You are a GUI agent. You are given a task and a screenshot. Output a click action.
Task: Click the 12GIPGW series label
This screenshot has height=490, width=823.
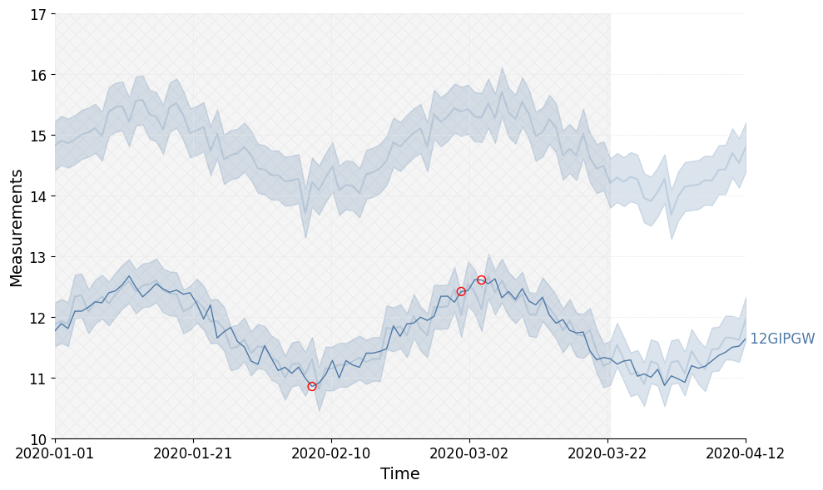coord(782,339)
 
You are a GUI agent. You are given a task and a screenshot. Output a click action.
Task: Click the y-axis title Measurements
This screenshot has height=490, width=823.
coord(17,227)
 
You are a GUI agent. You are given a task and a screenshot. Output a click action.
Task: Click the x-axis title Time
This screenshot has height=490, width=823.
coord(399,474)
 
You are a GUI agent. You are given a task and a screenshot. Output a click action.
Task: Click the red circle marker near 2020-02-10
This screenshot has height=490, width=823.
coord(312,386)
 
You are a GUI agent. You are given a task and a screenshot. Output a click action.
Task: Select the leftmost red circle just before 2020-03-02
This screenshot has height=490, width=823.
coord(461,291)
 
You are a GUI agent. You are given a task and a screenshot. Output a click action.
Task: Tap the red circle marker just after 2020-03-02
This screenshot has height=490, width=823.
coord(481,280)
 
